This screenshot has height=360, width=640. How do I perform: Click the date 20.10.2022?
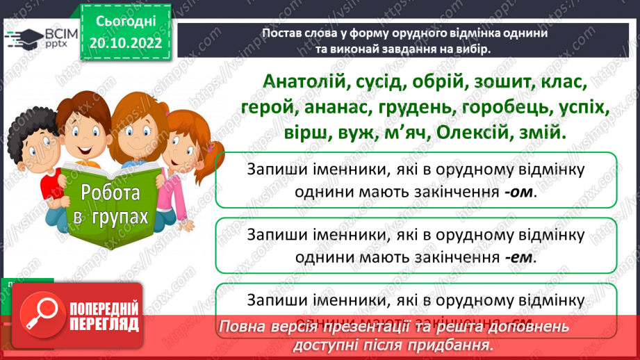coord(125,42)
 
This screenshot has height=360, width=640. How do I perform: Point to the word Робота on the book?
coord(110,193)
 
